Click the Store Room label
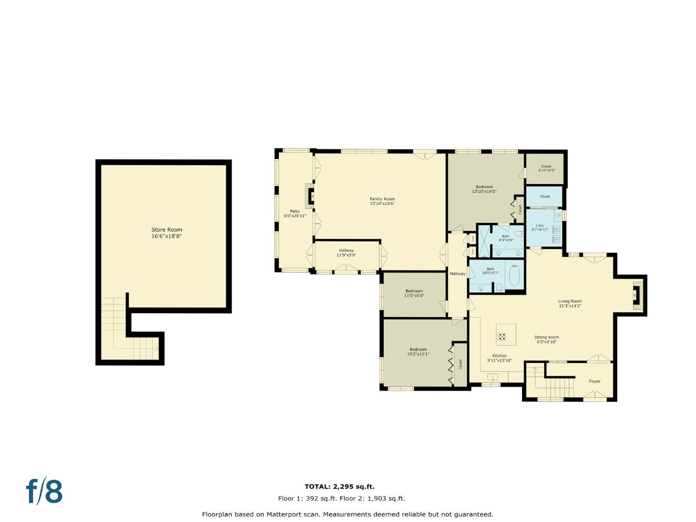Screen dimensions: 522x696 coord(166,233)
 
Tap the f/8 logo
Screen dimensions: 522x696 coord(44,492)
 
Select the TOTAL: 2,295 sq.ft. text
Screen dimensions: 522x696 coord(339,487)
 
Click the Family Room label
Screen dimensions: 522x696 coord(382,201)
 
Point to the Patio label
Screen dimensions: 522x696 coord(295,214)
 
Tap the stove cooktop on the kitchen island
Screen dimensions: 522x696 coord(502,336)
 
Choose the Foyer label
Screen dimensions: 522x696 coord(594,381)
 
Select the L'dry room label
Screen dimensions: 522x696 coord(540,227)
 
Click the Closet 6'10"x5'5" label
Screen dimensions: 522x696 coord(546,168)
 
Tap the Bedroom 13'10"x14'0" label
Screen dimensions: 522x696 coord(484,189)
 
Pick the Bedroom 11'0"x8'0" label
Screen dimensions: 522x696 coord(414,293)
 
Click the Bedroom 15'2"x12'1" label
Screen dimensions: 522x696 coord(419,351)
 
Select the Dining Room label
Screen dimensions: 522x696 coord(546,339)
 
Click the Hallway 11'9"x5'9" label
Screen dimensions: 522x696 coord(346,252)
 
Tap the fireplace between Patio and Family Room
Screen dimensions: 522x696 coord(310,195)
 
